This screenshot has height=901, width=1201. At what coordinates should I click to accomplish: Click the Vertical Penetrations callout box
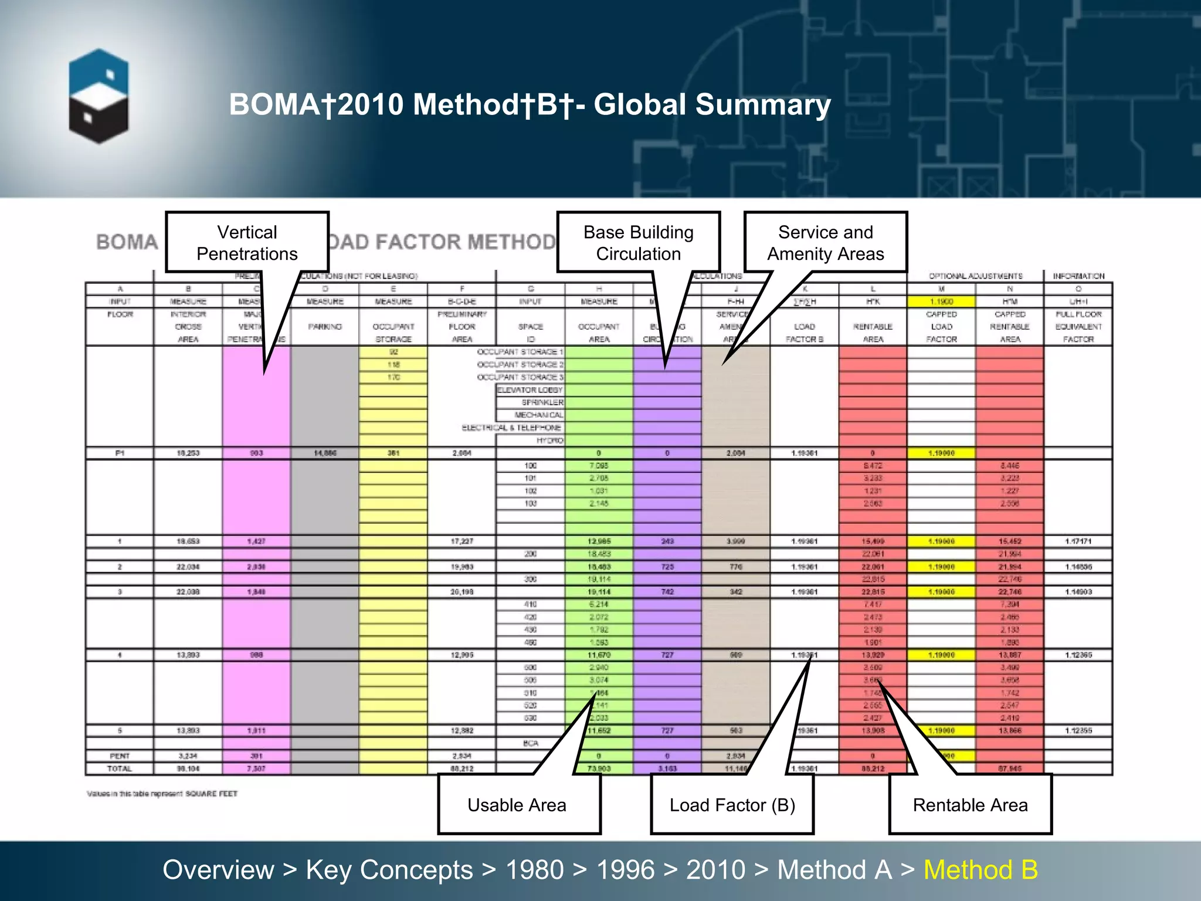pyautogui.click(x=247, y=243)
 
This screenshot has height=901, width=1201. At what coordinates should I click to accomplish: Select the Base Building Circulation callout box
pyautogui.click(x=638, y=243)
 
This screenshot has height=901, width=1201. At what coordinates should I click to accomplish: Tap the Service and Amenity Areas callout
pyautogui.click(x=825, y=243)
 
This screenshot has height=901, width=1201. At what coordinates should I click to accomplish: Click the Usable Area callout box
pyautogui.click(x=518, y=805)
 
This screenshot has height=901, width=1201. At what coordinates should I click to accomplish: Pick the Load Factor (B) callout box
pyautogui.click(x=732, y=805)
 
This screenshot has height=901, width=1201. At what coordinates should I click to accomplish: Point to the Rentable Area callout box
pyautogui.click(x=970, y=805)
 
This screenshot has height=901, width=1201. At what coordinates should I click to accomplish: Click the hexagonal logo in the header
pyautogui.click(x=99, y=97)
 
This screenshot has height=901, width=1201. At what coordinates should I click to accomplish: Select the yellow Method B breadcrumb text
pyautogui.click(x=981, y=870)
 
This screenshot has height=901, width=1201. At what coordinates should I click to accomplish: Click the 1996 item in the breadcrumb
pyautogui.click(x=625, y=870)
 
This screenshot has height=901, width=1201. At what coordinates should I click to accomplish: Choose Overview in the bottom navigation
pyautogui.click(x=218, y=870)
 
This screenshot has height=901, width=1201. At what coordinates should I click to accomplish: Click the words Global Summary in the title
pyautogui.click(x=712, y=105)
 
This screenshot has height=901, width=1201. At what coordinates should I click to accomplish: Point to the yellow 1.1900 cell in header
pyautogui.click(x=941, y=302)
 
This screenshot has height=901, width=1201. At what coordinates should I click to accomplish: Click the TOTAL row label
pyautogui.click(x=120, y=768)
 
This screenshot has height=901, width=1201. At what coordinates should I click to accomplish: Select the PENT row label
pyautogui.click(x=120, y=756)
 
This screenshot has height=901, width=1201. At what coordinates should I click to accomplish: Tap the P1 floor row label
pyautogui.click(x=120, y=453)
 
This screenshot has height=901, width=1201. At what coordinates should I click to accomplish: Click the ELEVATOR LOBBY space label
pyautogui.click(x=530, y=390)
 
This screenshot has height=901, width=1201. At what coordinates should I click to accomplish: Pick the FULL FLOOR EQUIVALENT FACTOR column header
pyautogui.click(x=1078, y=327)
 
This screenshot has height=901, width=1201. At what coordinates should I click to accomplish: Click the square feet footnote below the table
pyautogui.click(x=162, y=794)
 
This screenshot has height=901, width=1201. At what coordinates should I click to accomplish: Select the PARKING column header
pyautogui.click(x=325, y=327)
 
